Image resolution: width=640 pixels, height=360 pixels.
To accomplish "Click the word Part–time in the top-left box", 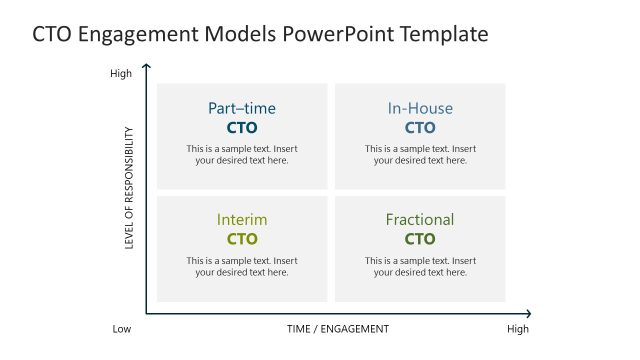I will [x=242, y=108].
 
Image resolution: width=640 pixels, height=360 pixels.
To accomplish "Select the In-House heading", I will [x=420, y=108].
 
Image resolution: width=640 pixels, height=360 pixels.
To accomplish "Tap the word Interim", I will [x=242, y=219].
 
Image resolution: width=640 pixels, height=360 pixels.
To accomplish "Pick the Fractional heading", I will [x=420, y=219].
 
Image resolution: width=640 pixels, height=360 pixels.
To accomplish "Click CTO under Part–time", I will [x=242, y=128].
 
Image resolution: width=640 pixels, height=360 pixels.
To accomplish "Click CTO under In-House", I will [x=420, y=128].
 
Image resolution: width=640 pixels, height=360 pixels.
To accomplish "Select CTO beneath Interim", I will [x=242, y=239].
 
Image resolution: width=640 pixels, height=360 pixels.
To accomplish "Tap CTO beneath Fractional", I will [x=420, y=239].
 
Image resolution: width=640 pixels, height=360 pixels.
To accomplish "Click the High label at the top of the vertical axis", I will [x=120, y=73].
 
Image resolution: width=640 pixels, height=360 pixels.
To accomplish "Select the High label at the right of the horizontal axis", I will [x=517, y=329].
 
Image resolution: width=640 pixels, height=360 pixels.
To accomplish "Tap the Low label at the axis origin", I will [x=121, y=329].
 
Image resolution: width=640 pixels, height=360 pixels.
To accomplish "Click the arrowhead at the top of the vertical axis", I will [x=147, y=68].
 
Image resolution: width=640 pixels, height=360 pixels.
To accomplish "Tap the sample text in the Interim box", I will [x=242, y=266].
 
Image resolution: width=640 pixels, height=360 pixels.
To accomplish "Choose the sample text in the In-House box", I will [x=420, y=155].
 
